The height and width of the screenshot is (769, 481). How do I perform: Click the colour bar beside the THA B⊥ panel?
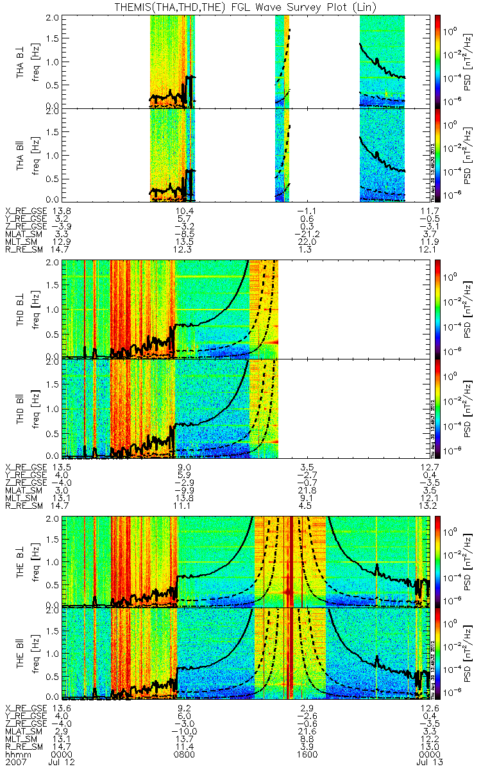[x=439, y=61]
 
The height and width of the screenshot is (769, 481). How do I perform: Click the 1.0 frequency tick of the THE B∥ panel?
[x=56, y=652]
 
